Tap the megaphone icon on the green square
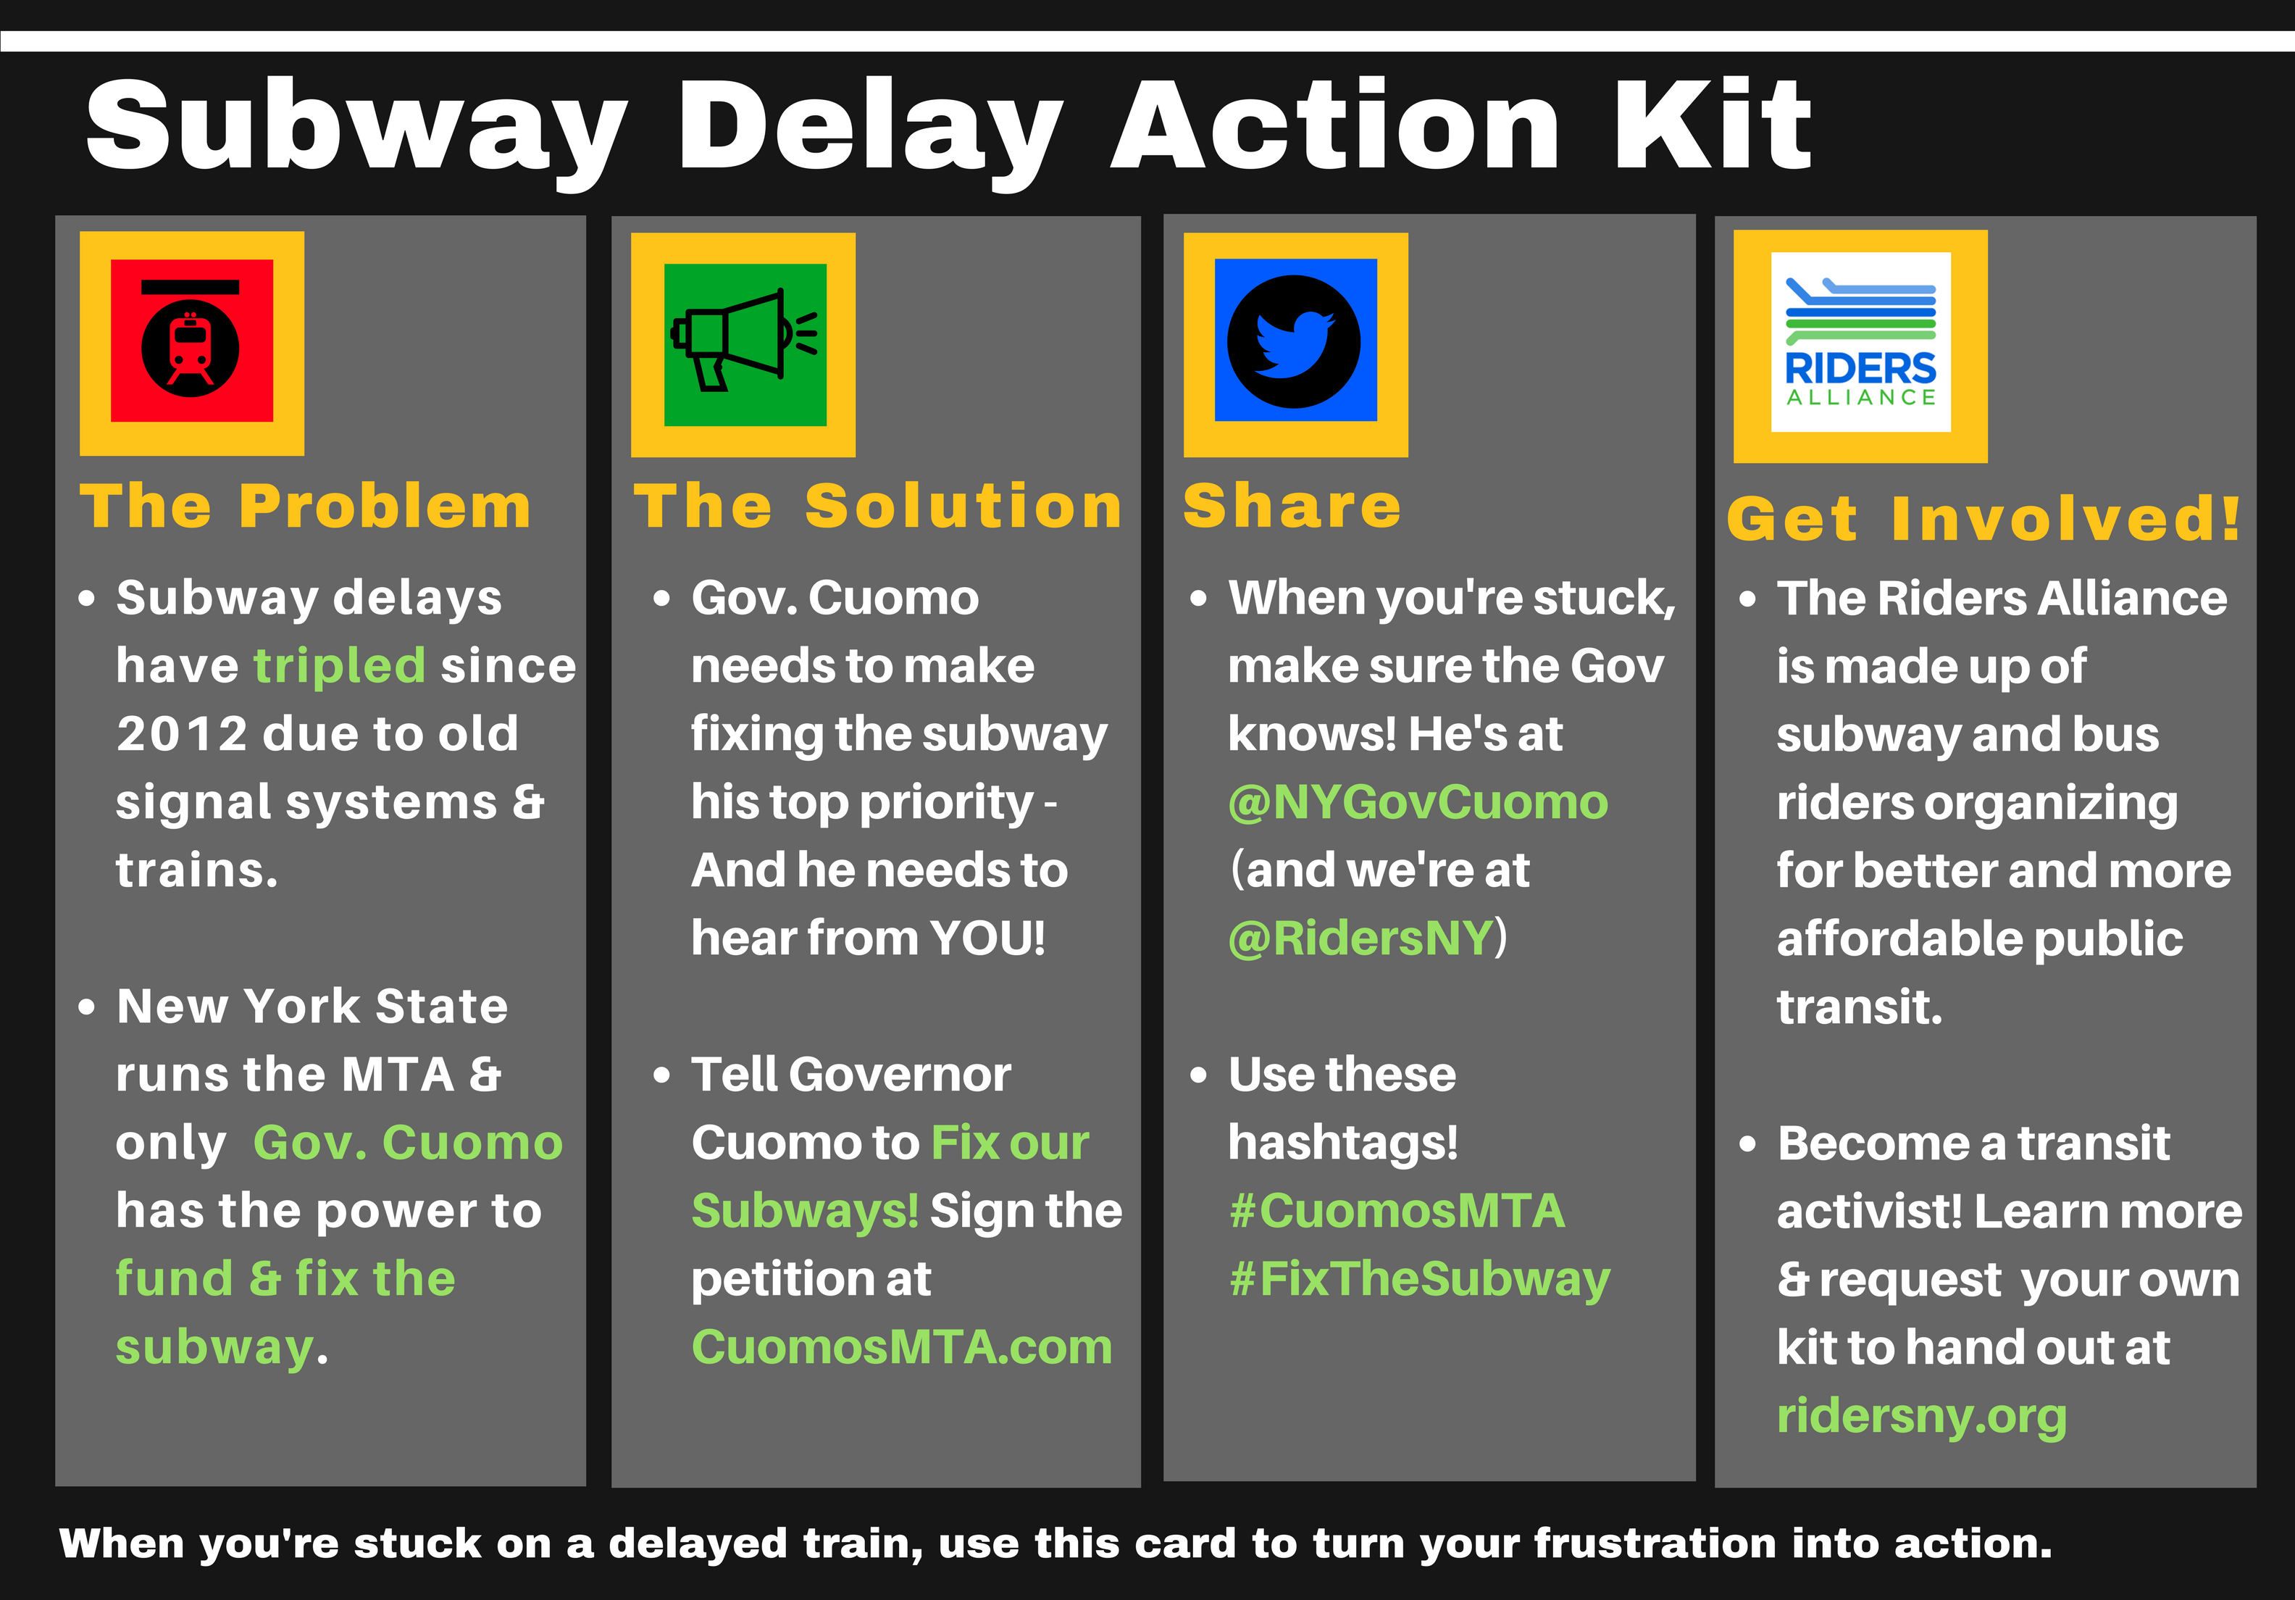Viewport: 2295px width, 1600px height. pyautogui.click(x=745, y=340)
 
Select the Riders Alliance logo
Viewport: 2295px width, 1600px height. pyautogui.click(x=1860, y=342)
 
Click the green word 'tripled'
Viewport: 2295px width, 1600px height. pyautogui.click(x=340, y=666)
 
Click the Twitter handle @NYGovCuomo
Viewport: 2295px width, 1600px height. pyautogui.click(x=1418, y=802)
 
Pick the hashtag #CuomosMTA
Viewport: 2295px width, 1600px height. pyautogui.click(x=1397, y=1211)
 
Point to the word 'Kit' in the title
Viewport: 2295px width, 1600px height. pyautogui.click(x=1713, y=127)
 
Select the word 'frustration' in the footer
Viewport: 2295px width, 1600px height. pyautogui.click(x=1655, y=1543)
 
